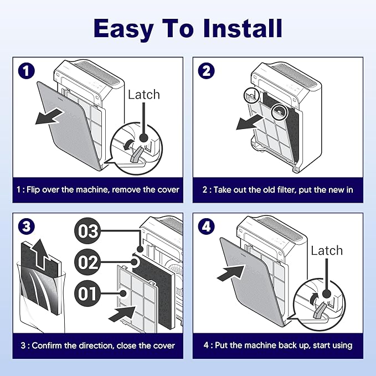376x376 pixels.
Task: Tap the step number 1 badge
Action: click(x=25, y=71)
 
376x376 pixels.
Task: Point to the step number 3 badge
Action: click(x=25, y=226)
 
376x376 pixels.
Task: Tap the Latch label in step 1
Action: click(x=143, y=95)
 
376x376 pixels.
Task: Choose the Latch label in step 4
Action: click(x=327, y=250)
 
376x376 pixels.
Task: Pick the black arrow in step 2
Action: click(x=250, y=122)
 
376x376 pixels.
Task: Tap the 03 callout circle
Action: click(x=88, y=232)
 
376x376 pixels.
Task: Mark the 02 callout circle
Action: click(x=88, y=262)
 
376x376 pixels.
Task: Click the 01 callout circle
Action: click(x=88, y=293)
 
